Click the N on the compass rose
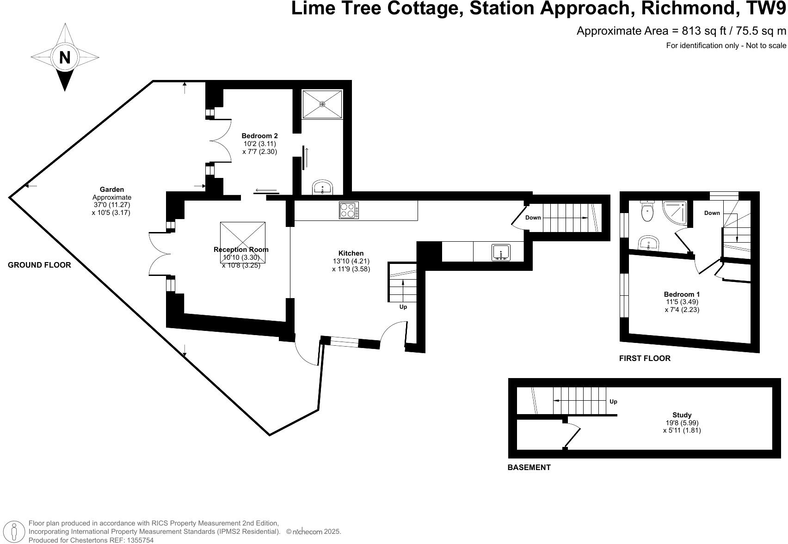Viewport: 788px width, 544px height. (x=65, y=58)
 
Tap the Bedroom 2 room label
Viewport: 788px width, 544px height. (x=259, y=136)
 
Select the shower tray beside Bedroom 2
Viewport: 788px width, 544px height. (x=322, y=104)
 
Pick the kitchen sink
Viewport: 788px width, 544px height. (x=501, y=252)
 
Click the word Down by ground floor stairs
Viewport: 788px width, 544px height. (x=533, y=218)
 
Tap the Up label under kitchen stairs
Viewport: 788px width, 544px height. (x=403, y=307)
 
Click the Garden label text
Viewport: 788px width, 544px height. (x=112, y=189)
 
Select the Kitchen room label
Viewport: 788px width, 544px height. (x=351, y=253)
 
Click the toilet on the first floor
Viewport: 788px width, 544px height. (x=647, y=212)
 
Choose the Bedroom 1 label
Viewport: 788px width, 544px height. (x=682, y=294)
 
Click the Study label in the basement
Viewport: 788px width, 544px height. (x=682, y=415)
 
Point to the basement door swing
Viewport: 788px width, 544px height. (x=572, y=434)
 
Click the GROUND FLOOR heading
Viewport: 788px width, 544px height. (x=39, y=265)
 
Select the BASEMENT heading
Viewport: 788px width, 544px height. (x=529, y=467)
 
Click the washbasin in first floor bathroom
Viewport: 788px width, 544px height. (x=648, y=243)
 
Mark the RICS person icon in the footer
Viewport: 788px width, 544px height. (x=16, y=532)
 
